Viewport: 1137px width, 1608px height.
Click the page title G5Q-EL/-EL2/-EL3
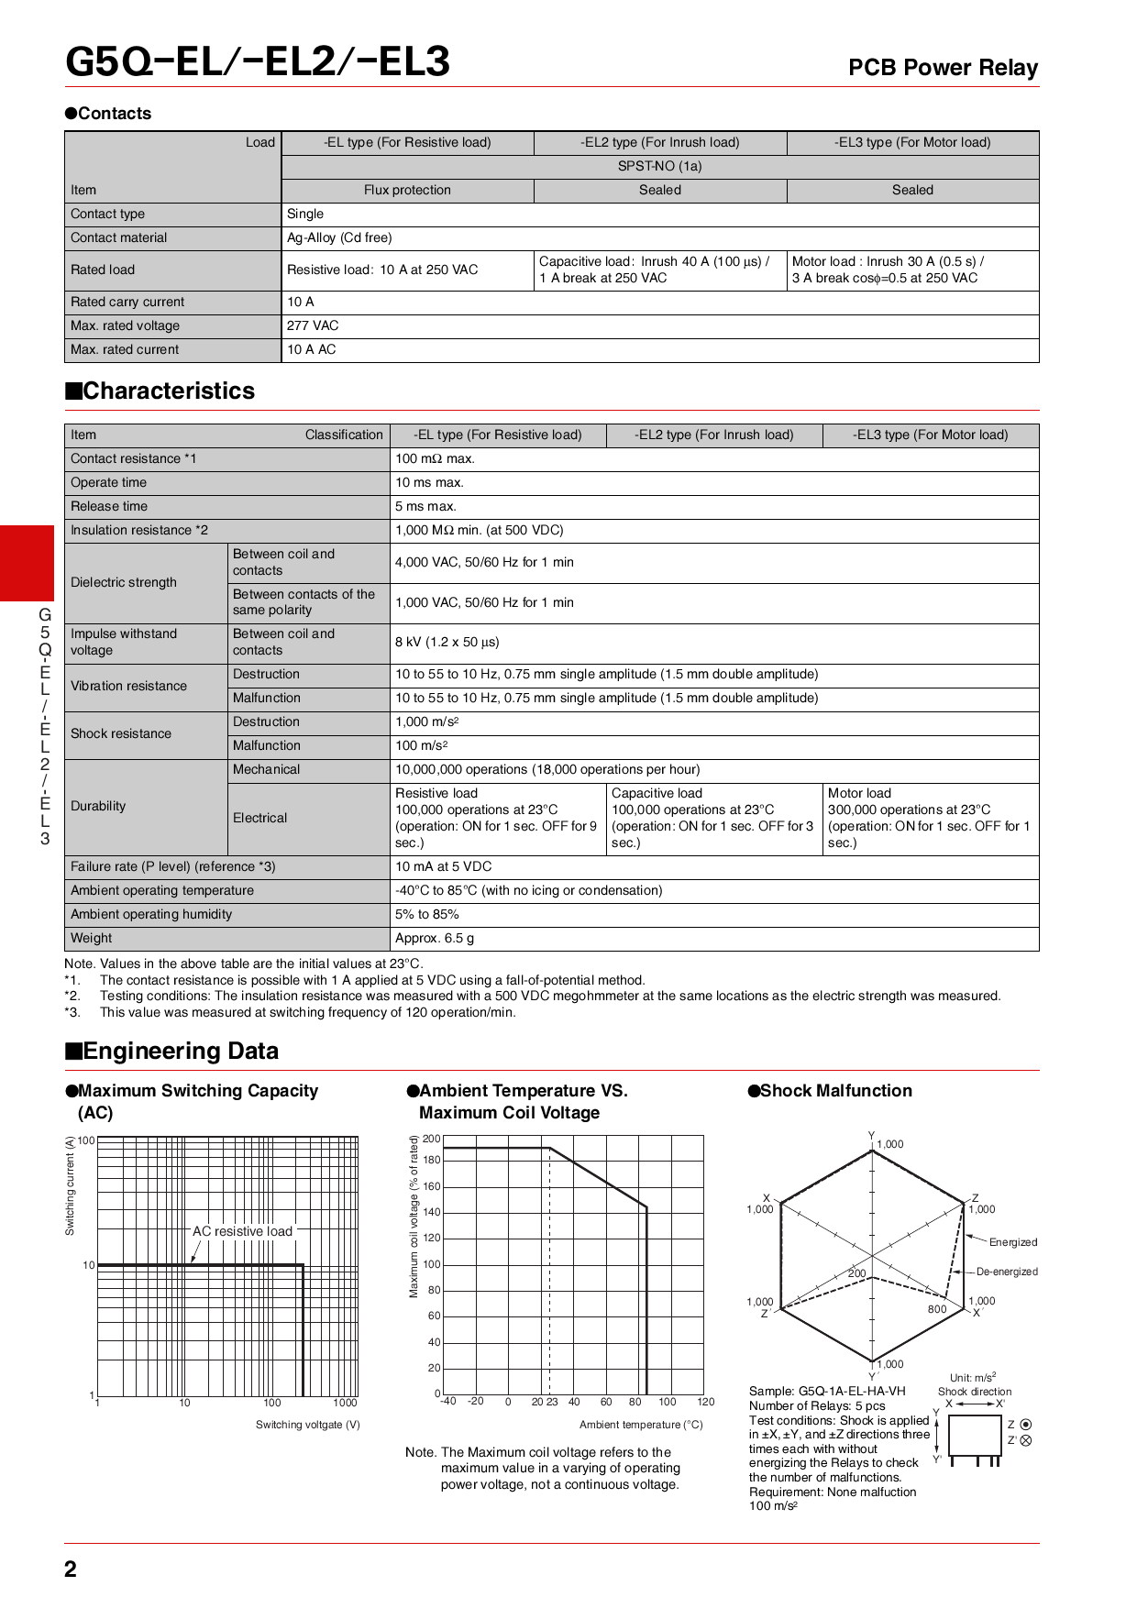(x=258, y=61)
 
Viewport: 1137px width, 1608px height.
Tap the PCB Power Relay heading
(x=943, y=68)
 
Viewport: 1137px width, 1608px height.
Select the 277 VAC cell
(x=313, y=325)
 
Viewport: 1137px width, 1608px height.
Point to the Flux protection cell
(x=407, y=190)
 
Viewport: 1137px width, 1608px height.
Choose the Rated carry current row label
(x=127, y=302)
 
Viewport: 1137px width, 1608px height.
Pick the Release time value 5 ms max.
(x=425, y=506)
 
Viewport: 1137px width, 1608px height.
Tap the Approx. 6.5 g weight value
(x=435, y=938)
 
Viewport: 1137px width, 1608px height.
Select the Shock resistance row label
(x=121, y=733)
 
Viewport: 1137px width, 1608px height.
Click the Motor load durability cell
(x=929, y=818)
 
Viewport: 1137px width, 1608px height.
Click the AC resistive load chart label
(x=242, y=1231)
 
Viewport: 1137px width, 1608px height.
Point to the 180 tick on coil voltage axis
(x=432, y=1160)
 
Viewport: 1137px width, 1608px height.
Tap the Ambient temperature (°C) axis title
(x=641, y=1425)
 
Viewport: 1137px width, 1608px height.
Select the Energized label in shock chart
(x=1012, y=1242)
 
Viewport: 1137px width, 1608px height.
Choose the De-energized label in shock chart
(x=1007, y=1272)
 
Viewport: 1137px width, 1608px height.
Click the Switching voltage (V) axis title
(x=307, y=1425)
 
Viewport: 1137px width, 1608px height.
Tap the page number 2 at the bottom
(x=71, y=1569)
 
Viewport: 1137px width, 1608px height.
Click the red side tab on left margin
(x=27, y=563)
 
